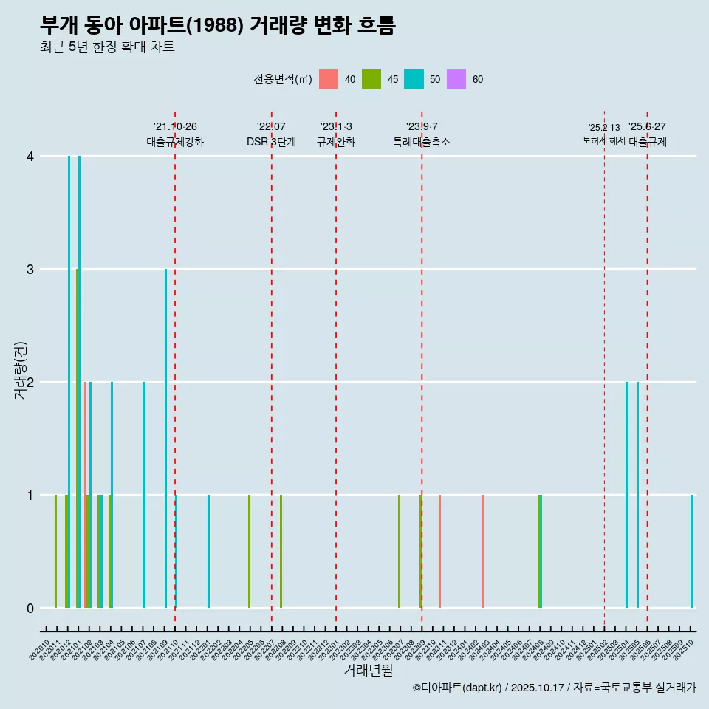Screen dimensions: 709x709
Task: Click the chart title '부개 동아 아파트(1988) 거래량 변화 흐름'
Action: coord(218,25)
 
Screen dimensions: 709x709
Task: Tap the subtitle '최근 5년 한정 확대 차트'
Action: coord(108,47)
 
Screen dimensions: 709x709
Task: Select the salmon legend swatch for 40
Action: coord(329,79)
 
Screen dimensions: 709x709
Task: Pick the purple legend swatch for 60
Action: coord(456,79)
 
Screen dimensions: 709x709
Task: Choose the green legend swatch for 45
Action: coord(371,79)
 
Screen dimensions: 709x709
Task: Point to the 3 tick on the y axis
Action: coord(30,270)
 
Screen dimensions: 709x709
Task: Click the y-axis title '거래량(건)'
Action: coord(20,370)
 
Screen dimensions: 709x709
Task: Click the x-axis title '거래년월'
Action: coord(368,670)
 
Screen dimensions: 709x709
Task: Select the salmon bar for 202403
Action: coord(482,551)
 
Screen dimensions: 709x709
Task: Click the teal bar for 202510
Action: coord(692,551)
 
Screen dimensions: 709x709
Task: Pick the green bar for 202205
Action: coord(249,551)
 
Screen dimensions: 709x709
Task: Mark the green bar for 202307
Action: coord(399,551)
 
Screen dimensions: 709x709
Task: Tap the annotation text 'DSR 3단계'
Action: coord(271,142)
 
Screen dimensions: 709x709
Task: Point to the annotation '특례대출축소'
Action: coord(421,142)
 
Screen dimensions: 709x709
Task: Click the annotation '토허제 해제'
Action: coord(603,140)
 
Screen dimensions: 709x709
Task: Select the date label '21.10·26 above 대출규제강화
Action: coord(175,127)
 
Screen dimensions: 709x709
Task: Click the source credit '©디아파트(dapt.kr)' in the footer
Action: coord(457,688)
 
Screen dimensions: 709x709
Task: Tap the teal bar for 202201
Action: coord(208,551)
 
